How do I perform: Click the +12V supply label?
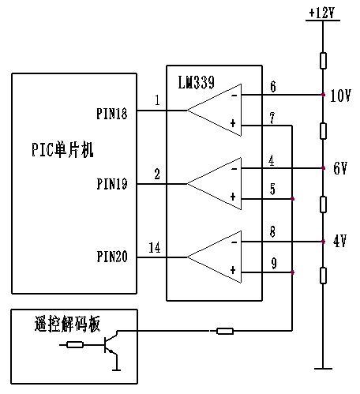(x=321, y=13)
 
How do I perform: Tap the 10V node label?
(x=340, y=96)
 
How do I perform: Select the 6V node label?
(x=340, y=168)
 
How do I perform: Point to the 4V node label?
(x=339, y=242)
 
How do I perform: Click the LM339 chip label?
(x=196, y=82)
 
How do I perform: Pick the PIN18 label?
(x=112, y=114)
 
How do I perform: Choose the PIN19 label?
(x=112, y=184)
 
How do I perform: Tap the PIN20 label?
(x=112, y=257)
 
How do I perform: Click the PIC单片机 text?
(x=62, y=150)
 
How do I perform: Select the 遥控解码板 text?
(x=67, y=324)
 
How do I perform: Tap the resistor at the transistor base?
(x=75, y=344)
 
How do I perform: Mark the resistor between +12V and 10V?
(x=323, y=61)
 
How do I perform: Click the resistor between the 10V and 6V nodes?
(x=323, y=131)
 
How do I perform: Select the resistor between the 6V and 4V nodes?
(x=323, y=205)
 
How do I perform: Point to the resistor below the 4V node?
(x=323, y=276)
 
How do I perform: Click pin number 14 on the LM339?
(x=155, y=248)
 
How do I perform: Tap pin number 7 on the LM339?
(x=272, y=118)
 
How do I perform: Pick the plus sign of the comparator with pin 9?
(x=233, y=270)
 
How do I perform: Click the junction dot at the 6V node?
(x=323, y=168)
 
